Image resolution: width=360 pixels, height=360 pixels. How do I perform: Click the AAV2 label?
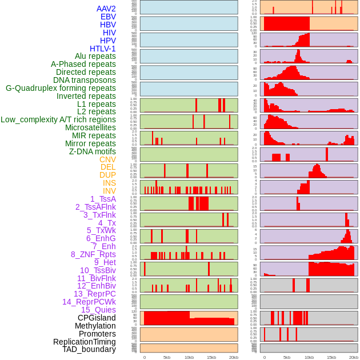[x=106, y=9]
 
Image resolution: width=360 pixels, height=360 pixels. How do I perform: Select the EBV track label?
[x=108, y=17]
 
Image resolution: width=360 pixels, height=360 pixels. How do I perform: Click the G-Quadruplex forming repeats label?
[x=61, y=88]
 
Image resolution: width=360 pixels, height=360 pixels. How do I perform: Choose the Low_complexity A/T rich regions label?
[x=58, y=119]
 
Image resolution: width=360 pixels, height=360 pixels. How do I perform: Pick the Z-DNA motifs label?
[x=92, y=151]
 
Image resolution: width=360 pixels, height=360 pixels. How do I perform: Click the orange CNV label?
[x=107, y=159]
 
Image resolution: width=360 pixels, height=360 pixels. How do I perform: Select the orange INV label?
[x=109, y=191]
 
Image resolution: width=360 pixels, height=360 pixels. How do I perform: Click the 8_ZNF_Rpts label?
[x=93, y=254]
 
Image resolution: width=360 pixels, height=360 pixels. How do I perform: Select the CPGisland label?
[x=97, y=318]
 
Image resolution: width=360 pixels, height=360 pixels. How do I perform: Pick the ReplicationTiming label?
[x=84, y=342]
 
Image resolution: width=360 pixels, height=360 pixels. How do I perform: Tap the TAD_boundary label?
[x=89, y=349]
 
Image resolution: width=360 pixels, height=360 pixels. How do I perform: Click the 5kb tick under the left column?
[x=167, y=357]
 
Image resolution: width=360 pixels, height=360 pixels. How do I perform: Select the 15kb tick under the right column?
[x=331, y=357]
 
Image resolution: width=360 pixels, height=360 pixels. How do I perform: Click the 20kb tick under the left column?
[x=233, y=357]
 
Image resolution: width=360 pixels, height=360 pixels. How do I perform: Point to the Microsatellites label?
[x=90, y=127]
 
